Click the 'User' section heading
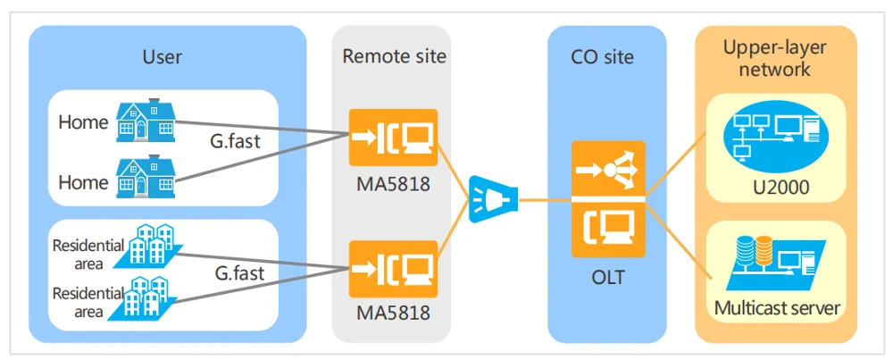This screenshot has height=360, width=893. [163, 57]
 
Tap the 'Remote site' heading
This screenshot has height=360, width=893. [394, 57]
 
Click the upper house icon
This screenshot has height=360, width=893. [146, 121]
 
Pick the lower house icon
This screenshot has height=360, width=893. [146, 177]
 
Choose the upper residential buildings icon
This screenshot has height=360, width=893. [153, 246]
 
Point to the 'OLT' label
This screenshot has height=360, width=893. [607, 278]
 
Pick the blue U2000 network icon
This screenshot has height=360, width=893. [775, 136]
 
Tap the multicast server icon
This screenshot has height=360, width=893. [775, 260]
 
